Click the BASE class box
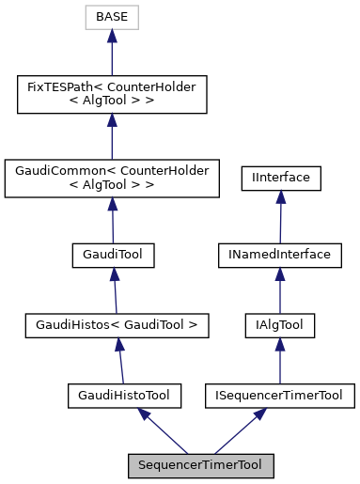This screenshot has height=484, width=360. click(111, 18)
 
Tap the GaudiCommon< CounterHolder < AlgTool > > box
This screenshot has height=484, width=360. click(112, 179)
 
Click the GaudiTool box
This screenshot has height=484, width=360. click(113, 255)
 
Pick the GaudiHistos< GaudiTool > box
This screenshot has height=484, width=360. click(116, 326)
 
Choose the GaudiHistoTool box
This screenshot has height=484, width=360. click(123, 396)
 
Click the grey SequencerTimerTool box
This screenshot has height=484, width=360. click(201, 465)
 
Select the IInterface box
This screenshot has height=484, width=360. click(281, 178)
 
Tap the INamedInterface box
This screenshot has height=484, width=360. click(280, 255)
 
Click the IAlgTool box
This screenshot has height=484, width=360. click(280, 326)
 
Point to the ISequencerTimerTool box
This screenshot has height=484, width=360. click(280, 396)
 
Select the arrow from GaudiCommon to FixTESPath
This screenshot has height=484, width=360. click(111, 137)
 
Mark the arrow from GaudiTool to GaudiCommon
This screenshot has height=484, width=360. click(113, 220)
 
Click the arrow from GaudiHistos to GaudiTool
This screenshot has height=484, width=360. click(115, 290)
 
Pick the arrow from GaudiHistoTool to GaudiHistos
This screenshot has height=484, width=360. click(119, 361)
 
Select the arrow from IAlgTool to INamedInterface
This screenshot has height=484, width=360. click(280, 290)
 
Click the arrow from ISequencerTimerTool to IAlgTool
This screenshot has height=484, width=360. click(280, 361)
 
